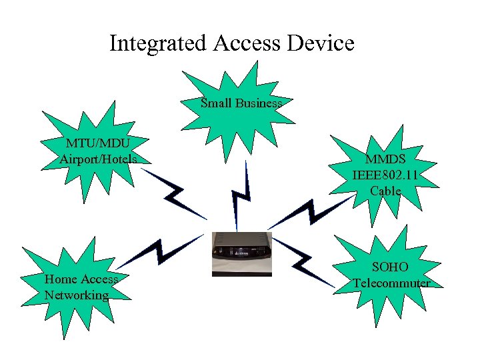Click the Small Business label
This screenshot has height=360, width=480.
[x=241, y=103]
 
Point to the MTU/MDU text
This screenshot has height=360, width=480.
[x=98, y=143]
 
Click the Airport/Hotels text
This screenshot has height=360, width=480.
[x=98, y=159]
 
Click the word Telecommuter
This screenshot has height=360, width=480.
[x=391, y=283]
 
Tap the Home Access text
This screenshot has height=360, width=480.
[x=81, y=279]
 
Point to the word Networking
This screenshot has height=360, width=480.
[x=77, y=295]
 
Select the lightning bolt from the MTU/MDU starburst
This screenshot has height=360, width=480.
[x=175, y=193]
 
